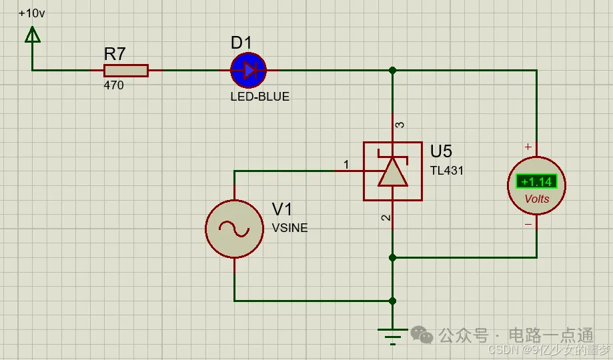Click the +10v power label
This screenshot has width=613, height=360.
[x=32, y=13]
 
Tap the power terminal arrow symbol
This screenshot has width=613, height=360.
[x=32, y=34]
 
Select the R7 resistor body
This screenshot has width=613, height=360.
[x=125, y=70]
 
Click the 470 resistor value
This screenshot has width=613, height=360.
[x=113, y=85]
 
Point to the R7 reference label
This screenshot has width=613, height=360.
[x=115, y=54]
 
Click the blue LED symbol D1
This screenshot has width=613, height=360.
[x=248, y=70]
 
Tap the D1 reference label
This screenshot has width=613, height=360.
[x=241, y=43]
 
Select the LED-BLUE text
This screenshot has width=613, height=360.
[x=259, y=97]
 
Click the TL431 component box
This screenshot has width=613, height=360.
[x=392, y=171]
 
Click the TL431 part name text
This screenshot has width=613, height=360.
[x=446, y=170]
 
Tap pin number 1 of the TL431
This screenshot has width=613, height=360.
[x=346, y=164]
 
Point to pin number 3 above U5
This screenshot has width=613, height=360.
[x=400, y=125]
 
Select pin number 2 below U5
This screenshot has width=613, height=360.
[x=385, y=218]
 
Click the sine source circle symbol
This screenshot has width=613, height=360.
[x=234, y=229]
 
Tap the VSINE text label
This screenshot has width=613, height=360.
[x=290, y=228]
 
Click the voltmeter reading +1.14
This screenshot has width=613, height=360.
[x=536, y=181]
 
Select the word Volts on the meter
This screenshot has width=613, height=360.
[x=537, y=199]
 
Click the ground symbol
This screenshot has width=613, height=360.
[x=392, y=333]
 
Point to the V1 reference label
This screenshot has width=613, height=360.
[x=282, y=209]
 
